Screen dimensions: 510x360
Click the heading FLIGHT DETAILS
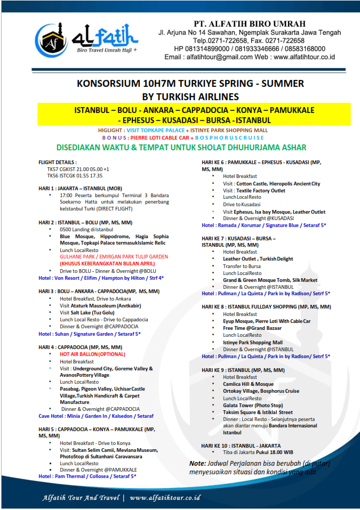(58, 162)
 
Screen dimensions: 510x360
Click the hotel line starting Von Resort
(101, 277)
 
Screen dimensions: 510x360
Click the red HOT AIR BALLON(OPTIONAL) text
(93, 354)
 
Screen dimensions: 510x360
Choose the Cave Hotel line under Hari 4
(96, 416)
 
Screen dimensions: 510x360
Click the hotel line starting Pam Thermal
(89, 476)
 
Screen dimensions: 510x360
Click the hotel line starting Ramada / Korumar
(264, 225)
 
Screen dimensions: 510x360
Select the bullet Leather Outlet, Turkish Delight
(258, 258)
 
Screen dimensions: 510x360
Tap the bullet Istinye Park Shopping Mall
(253, 342)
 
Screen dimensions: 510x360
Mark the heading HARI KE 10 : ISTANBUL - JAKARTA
(241, 445)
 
